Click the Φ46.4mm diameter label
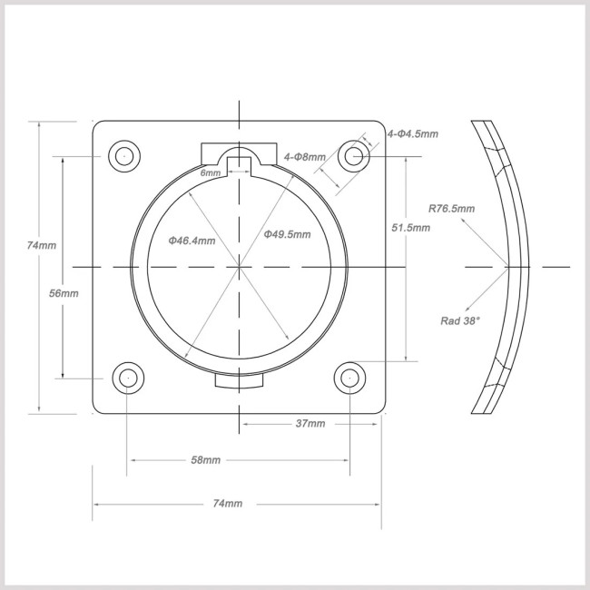point(192,241)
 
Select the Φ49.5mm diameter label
point(287,234)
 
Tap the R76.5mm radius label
point(451,209)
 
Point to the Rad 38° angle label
point(460,320)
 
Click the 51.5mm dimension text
point(411,228)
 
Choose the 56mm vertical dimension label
point(64,293)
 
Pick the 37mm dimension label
point(310,424)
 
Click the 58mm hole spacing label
point(206,460)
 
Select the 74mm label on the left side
point(42,245)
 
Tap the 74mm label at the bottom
point(228,504)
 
